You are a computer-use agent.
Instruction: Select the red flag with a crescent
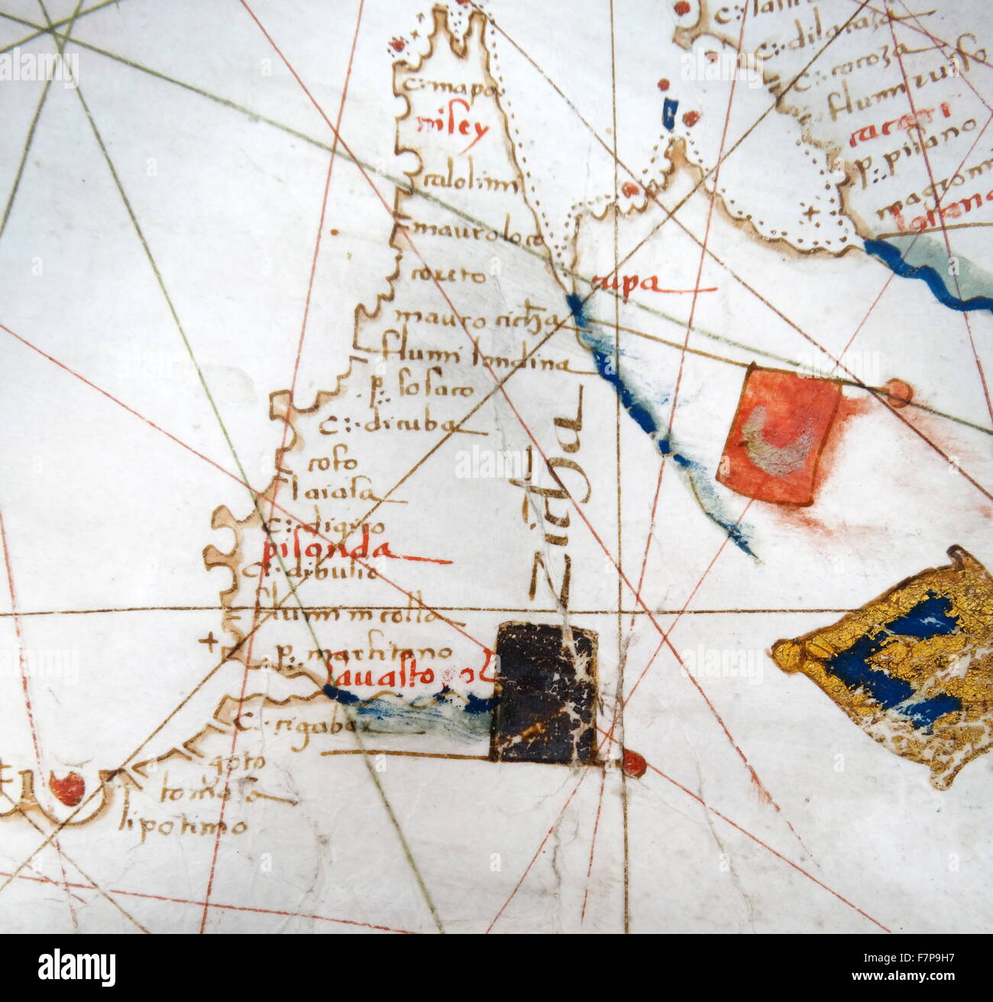pos(778,433)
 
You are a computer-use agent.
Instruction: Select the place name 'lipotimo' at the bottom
pos(186,825)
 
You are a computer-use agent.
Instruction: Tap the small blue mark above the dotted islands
pos(671,112)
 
